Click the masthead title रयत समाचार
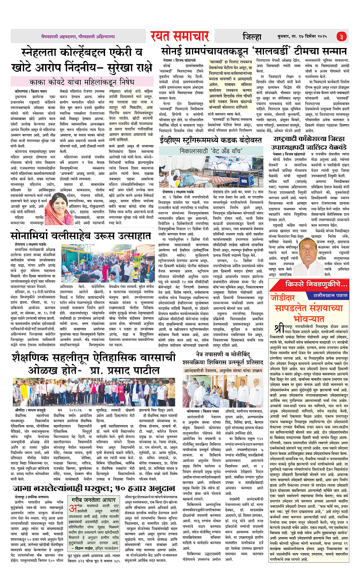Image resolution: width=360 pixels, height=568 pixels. [x=179, y=36]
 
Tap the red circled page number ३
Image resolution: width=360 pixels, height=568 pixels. [x=341, y=37]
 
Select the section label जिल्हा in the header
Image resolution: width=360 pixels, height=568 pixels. [x=252, y=37]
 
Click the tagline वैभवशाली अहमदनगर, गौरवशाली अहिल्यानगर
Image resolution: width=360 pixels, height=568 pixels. [x=78, y=37]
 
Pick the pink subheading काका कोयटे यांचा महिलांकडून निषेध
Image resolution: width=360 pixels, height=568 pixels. [x=82, y=82]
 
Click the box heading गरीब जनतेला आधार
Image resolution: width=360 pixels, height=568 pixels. [x=93, y=499]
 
